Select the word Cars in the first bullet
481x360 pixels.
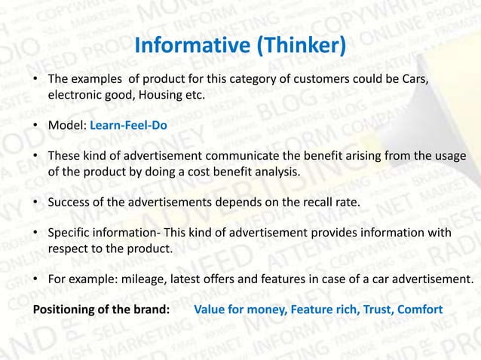coord(415,80)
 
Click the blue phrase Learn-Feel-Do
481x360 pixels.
coord(128,126)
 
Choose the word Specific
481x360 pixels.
coord(71,233)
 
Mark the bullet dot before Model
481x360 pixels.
coord(36,126)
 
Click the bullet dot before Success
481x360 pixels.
coord(36,203)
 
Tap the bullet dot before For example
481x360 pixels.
coord(36,279)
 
